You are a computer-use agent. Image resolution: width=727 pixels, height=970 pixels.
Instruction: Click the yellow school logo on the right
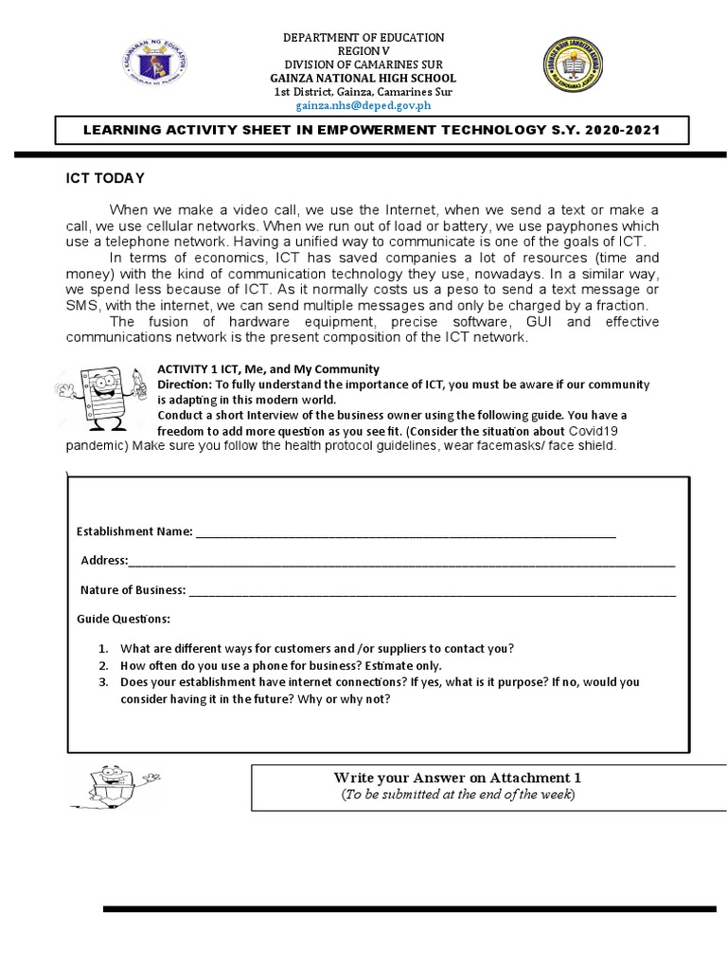tap(575, 69)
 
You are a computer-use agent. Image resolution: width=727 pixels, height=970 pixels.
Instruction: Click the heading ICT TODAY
tap(104, 178)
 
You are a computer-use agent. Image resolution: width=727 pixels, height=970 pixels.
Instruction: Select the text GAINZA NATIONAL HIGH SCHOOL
tap(363, 78)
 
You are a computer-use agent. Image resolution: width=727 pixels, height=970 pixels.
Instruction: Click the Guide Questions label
tap(123, 619)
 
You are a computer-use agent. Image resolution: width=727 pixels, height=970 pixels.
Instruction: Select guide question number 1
tap(316, 649)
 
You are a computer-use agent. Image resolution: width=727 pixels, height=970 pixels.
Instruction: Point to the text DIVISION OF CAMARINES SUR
tap(363, 64)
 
